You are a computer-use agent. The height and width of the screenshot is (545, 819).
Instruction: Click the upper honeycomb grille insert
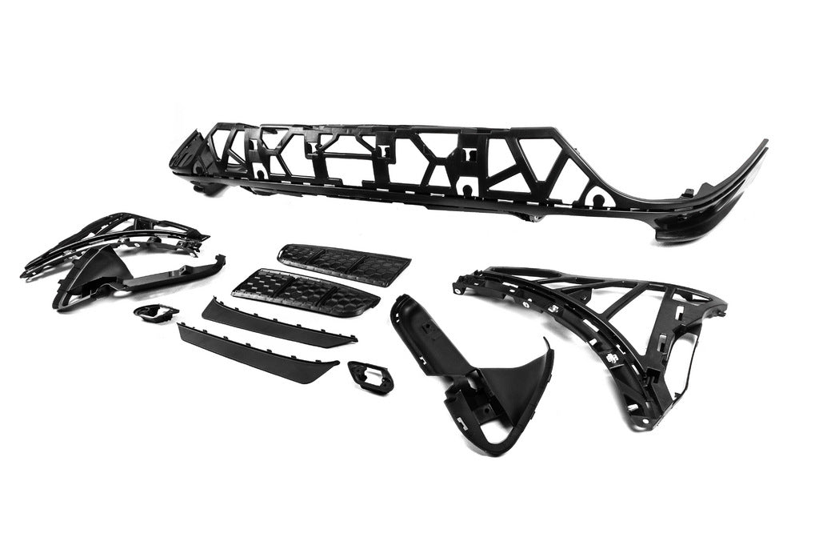pyautogui.click(x=344, y=264)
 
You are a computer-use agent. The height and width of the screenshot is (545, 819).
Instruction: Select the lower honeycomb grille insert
pyautogui.click(x=304, y=291)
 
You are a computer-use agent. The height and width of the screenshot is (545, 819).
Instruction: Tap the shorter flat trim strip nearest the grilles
pyautogui.click(x=276, y=322)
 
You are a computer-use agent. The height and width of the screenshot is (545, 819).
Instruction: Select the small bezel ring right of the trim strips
pyautogui.click(x=371, y=375)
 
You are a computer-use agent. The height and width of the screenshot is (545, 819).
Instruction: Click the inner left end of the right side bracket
pyautogui.click(x=462, y=280)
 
